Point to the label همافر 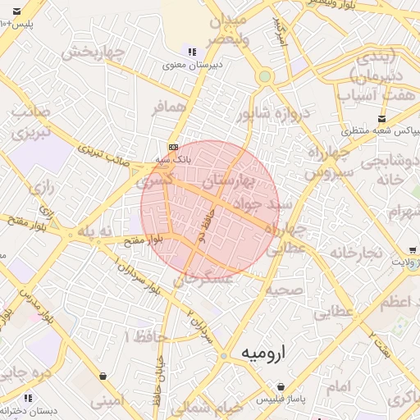pyautogui.click(x=170, y=107)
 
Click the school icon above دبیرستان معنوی pyautogui.click(x=192, y=52)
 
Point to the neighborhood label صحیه pyautogui.click(x=285, y=290)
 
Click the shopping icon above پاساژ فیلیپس pyautogui.click(x=281, y=386)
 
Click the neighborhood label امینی pyautogui.click(x=107, y=402)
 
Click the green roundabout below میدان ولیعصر pyautogui.click(x=264, y=77)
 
